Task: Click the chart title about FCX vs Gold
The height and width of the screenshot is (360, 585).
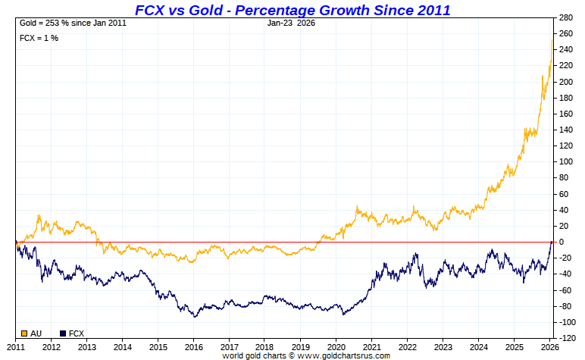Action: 292,10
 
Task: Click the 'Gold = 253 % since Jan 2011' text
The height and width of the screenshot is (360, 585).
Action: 73,23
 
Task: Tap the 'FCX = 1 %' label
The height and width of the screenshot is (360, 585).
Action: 39,38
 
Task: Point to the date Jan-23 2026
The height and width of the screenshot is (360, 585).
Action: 291,23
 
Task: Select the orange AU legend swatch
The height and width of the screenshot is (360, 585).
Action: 24,333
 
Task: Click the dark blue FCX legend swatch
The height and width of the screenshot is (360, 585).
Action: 63,333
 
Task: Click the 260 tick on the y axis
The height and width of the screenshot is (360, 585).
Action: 565,33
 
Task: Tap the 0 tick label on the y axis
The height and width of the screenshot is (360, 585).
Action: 561,242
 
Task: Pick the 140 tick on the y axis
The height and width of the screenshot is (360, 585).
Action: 565,130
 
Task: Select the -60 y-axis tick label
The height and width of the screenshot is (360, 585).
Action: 565,290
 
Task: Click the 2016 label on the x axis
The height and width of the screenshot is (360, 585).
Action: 194,347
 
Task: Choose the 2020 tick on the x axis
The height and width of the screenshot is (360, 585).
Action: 336,347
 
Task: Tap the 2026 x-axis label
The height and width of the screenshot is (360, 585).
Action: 550,347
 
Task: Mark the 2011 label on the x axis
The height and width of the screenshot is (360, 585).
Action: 16,347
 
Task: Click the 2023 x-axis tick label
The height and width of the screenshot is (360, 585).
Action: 443,347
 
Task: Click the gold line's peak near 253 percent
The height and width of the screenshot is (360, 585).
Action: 551,39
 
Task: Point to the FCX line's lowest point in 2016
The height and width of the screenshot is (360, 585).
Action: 195,316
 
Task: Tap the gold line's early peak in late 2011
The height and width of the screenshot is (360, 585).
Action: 39,215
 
